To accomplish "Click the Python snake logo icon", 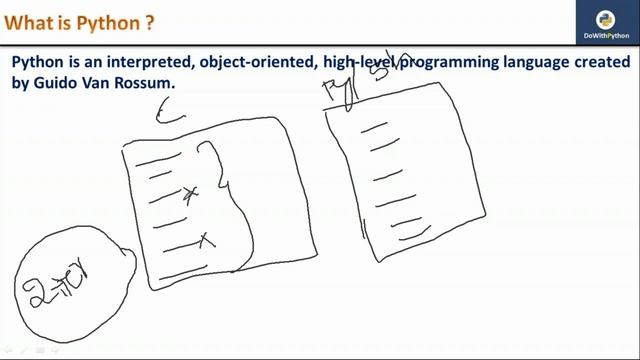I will click(x=604, y=19).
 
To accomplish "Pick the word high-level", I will click(x=360, y=63).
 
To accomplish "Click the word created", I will click(x=604, y=63).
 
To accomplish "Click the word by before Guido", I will click(x=21, y=84).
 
